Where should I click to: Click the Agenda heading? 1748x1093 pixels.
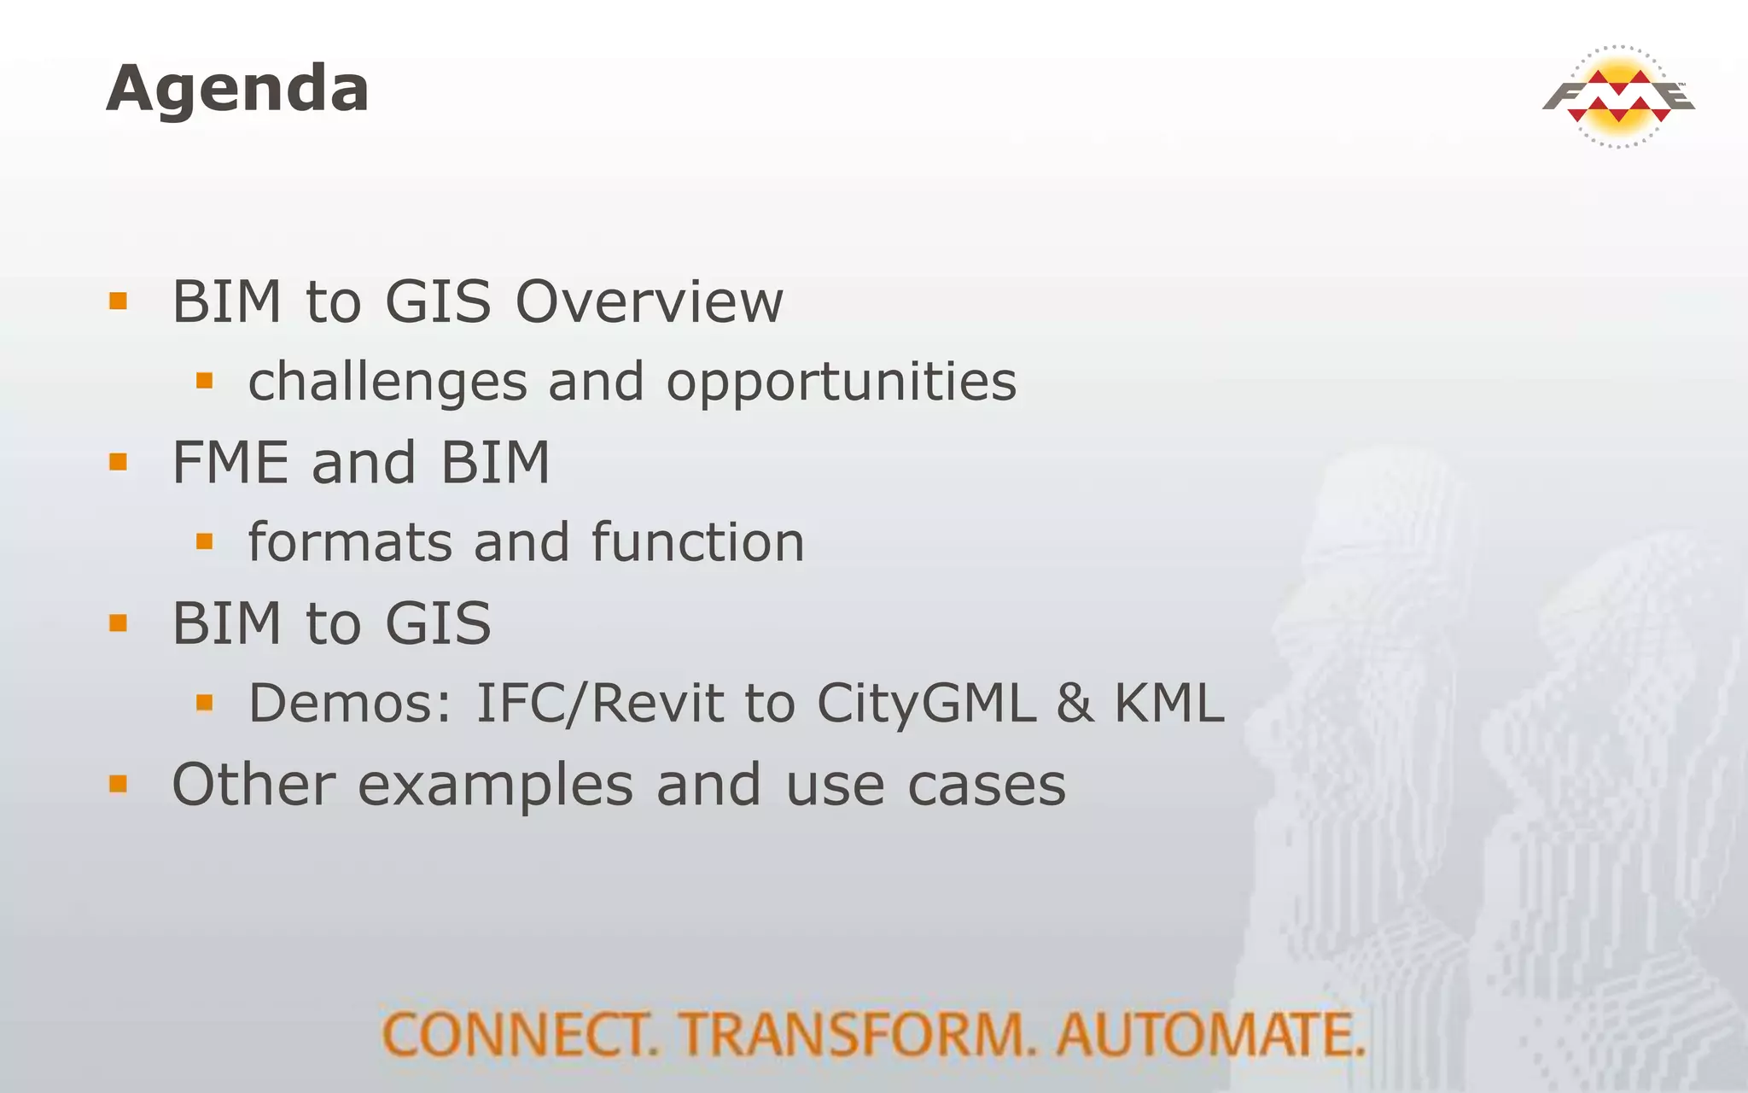click(x=237, y=89)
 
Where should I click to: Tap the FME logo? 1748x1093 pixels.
click(x=1617, y=96)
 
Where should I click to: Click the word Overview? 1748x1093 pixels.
click(x=649, y=302)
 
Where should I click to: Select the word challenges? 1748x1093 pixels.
click(x=387, y=382)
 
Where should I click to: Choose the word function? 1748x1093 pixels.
click(x=697, y=543)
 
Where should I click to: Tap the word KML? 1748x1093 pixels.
click(x=1168, y=704)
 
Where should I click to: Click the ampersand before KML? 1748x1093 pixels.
click(x=1075, y=704)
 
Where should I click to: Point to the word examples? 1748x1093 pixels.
click(x=495, y=786)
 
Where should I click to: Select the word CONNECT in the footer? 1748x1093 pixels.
click(x=520, y=1035)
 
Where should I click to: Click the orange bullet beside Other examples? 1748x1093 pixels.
click(x=119, y=784)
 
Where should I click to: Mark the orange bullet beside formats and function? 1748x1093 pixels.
click(x=204, y=541)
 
